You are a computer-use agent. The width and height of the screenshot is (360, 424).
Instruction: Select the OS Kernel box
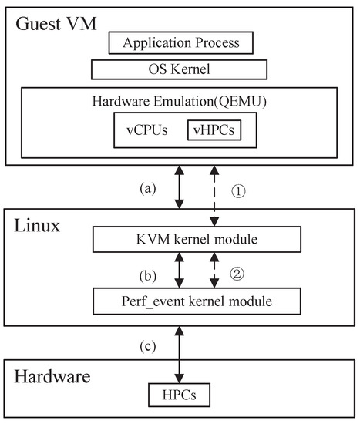click(179, 70)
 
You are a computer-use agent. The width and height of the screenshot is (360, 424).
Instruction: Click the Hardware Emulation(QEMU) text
click(179, 100)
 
